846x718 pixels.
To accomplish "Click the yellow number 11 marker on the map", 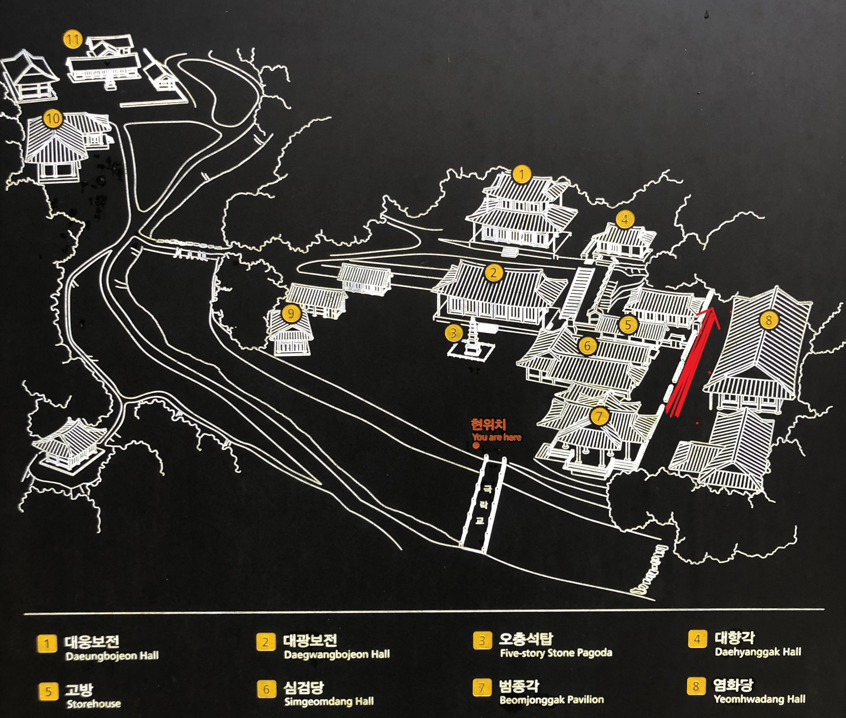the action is (73, 40).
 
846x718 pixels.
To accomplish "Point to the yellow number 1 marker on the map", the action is (522, 175).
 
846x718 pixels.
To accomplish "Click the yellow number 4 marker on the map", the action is (625, 220).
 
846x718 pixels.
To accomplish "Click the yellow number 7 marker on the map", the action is (599, 416).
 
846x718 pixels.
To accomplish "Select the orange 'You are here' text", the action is (497, 437).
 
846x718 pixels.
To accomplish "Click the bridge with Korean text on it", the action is (483, 505).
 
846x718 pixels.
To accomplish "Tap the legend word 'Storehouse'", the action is (94, 704).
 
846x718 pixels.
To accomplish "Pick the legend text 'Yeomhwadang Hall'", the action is (760, 699).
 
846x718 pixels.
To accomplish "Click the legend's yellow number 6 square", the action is (266, 689).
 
